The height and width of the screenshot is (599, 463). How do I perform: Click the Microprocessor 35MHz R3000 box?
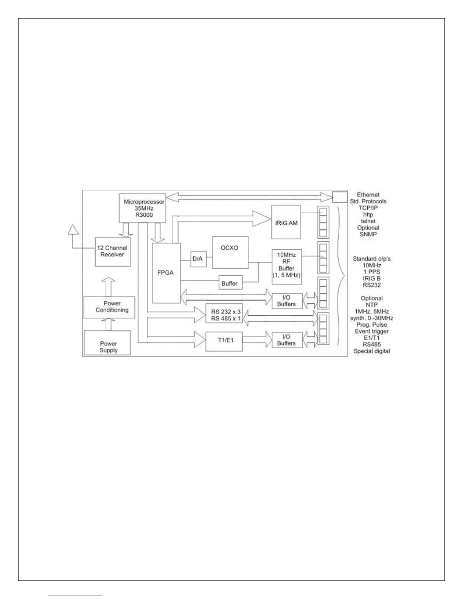[x=142, y=208]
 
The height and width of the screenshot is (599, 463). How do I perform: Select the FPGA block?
[x=166, y=273]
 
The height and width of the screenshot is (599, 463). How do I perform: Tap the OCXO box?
[x=230, y=252]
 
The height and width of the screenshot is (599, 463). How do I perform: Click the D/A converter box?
[x=199, y=259]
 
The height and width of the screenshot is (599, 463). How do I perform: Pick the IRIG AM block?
[x=286, y=222]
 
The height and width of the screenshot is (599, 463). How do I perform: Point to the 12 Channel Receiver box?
[x=113, y=252]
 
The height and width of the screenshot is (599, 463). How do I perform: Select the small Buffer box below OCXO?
[x=230, y=283]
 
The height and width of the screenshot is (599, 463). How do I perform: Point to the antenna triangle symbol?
[x=73, y=230]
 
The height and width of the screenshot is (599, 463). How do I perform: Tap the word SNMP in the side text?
[x=368, y=234]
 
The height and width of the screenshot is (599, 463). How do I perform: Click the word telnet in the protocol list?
[x=368, y=221]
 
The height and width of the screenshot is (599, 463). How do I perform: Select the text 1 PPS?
[x=372, y=272]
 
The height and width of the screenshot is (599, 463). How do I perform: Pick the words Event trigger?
[x=372, y=331]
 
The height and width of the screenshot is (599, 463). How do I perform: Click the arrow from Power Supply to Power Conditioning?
[x=109, y=324]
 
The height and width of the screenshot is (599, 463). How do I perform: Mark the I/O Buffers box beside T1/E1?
[x=286, y=340]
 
